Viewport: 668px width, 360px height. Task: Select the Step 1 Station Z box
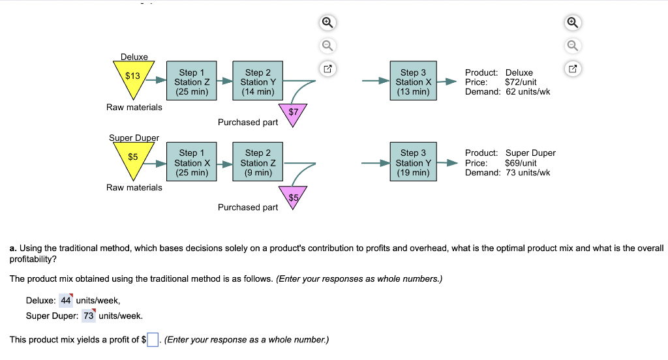click(192, 82)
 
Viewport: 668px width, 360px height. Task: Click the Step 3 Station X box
click(413, 82)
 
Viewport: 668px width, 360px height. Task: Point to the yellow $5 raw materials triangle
click(133, 159)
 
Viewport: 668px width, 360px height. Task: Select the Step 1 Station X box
click(192, 162)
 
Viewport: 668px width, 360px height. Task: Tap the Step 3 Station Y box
click(413, 162)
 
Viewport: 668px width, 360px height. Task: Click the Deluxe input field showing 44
click(66, 300)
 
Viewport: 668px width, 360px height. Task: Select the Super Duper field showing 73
click(89, 316)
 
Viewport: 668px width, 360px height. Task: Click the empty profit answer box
click(153, 340)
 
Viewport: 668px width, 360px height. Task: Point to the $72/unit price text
click(521, 82)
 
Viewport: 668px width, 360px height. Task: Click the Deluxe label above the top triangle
click(134, 57)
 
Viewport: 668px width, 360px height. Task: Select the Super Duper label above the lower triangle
click(134, 138)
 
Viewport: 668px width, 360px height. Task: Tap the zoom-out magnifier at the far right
click(572, 46)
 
